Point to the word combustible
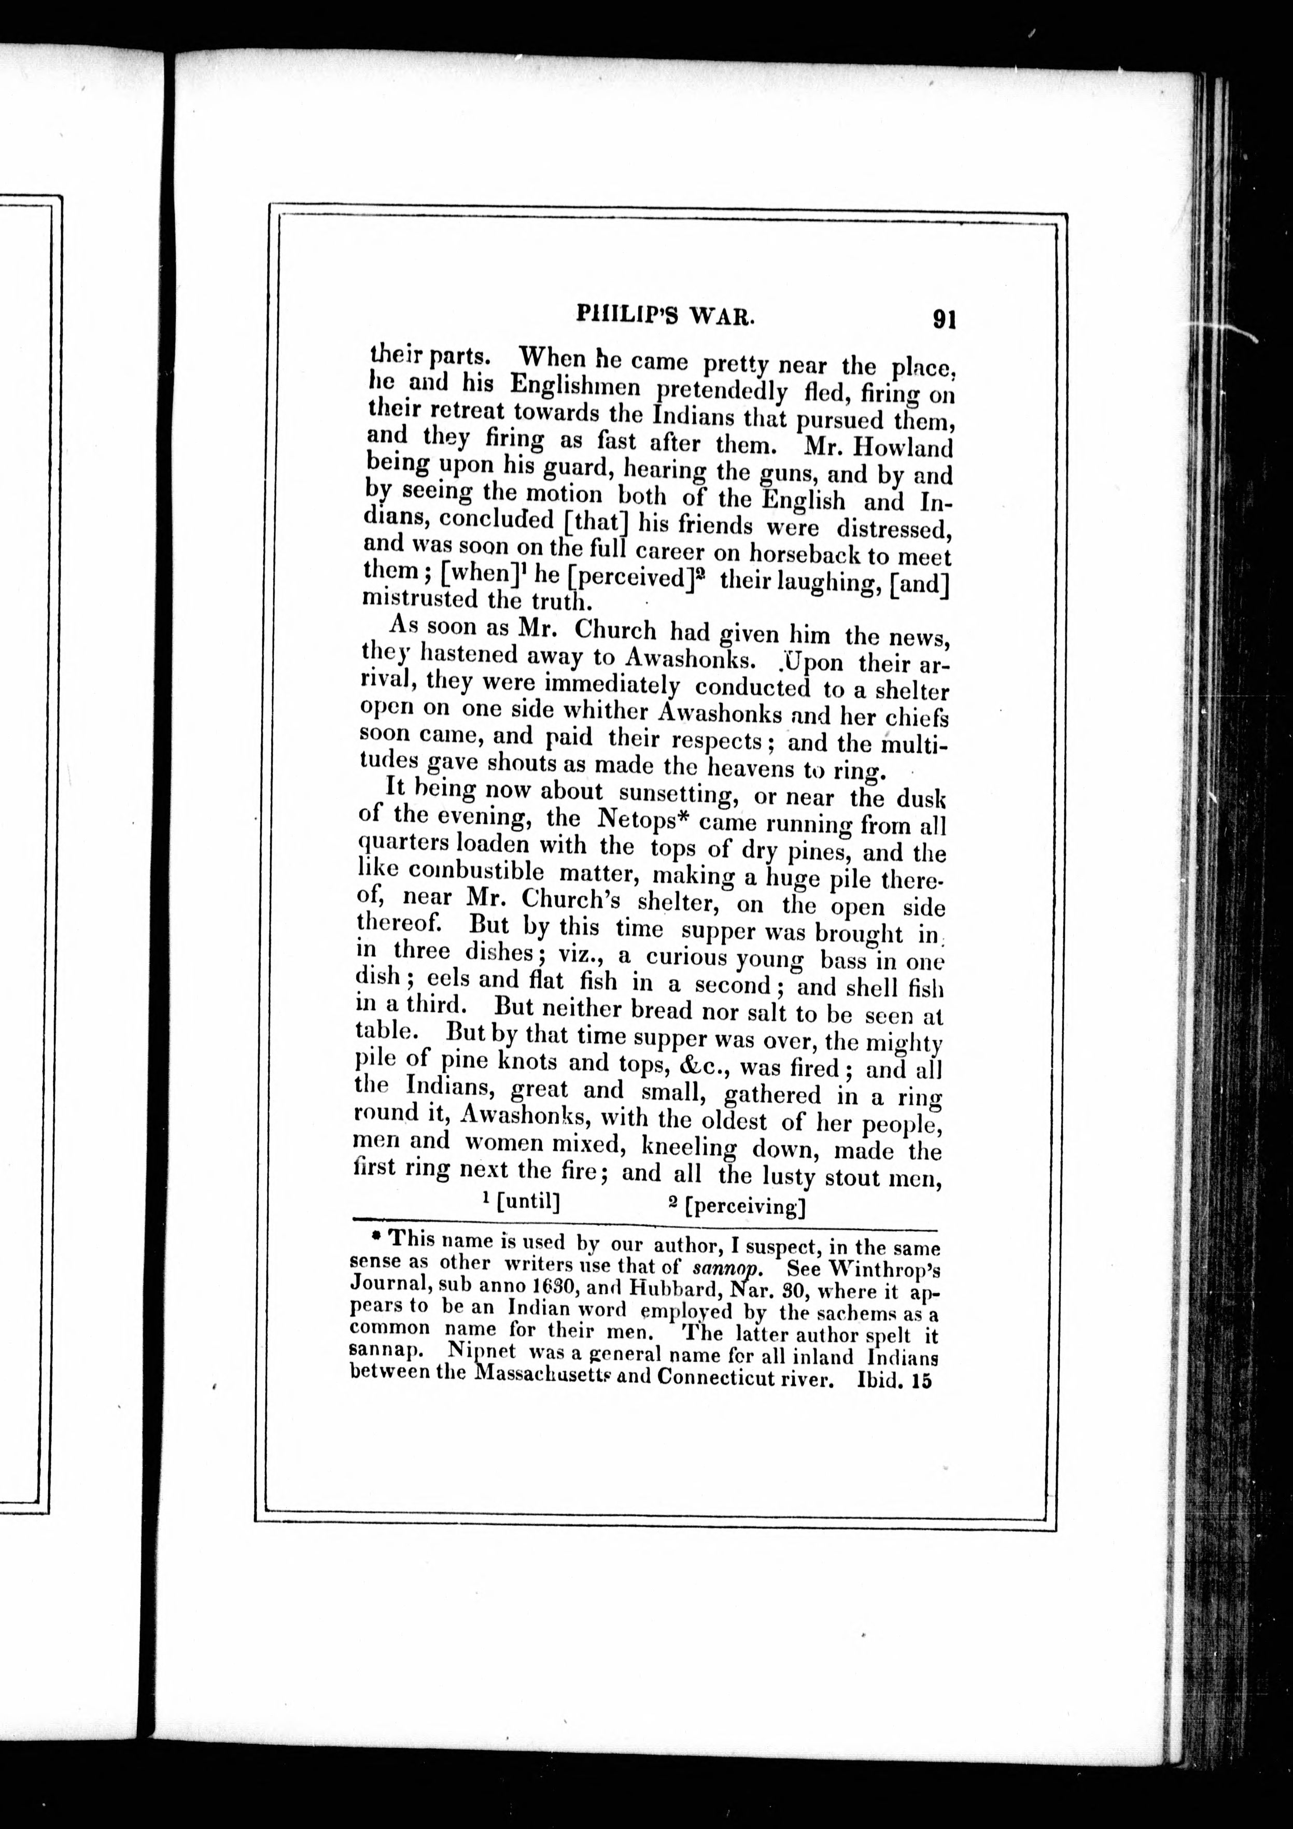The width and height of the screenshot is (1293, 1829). click(x=465, y=871)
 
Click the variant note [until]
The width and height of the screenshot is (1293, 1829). click(x=526, y=1201)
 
